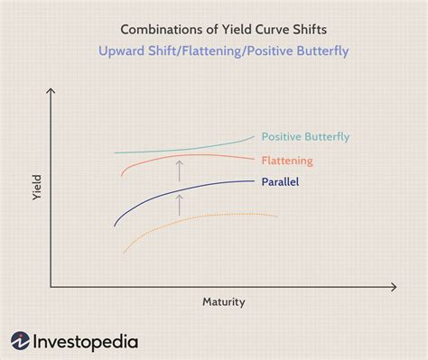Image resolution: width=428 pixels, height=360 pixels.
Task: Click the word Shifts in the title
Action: (297, 26)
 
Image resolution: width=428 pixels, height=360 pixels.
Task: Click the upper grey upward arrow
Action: (180, 169)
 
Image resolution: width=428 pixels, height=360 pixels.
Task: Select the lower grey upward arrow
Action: (180, 204)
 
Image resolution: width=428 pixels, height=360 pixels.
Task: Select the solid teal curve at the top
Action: (181, 151)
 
